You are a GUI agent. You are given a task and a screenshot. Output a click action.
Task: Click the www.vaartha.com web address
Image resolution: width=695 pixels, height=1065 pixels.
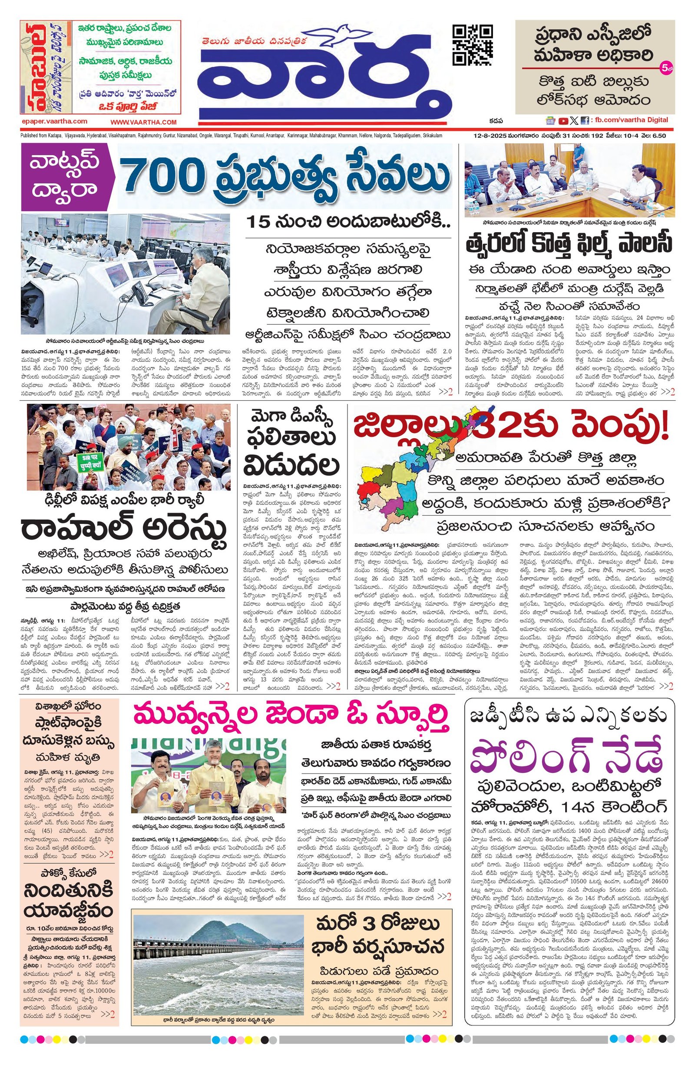(x=144, y=122)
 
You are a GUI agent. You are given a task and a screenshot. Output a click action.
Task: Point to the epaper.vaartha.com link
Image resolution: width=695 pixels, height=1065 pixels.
(x=54, y=121)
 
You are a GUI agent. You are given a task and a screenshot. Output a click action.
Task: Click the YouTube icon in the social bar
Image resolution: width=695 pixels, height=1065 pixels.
(x=563, y=120)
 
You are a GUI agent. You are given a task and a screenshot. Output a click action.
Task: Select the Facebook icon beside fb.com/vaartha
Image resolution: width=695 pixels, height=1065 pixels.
(x=585, y=120)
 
